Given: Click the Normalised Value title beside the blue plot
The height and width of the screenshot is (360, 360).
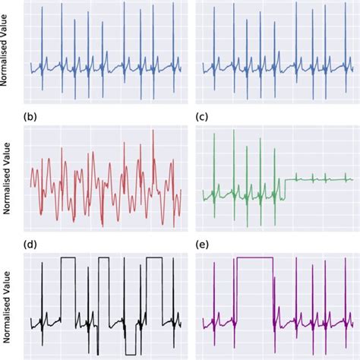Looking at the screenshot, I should tap(8, 54).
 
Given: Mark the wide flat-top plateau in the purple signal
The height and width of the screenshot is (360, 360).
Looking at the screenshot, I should tap(255, 258).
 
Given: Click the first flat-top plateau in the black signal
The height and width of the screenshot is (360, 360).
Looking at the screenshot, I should tap(68, 258).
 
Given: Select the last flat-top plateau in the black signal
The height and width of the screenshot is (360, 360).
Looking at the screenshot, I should tap(155, 258).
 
